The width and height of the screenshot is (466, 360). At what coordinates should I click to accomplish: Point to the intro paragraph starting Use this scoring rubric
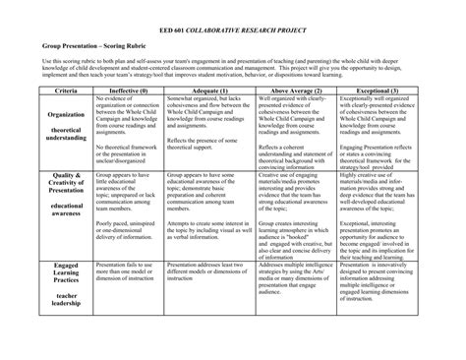coord(233,67)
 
